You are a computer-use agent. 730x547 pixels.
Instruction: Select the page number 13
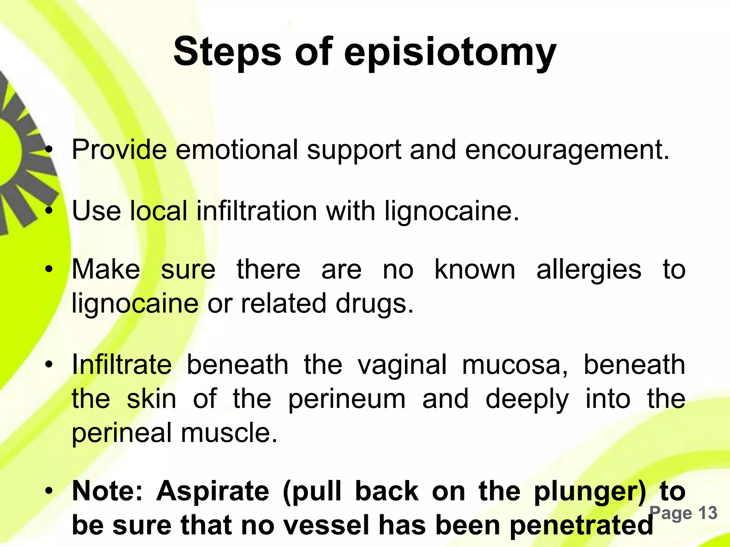(707, 513)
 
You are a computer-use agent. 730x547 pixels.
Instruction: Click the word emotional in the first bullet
(237, 150)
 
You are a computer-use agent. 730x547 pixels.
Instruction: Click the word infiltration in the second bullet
(257, 211)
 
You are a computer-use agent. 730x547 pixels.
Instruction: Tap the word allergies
(589, 270)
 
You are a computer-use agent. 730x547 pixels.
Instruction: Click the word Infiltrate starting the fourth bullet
(122, 365)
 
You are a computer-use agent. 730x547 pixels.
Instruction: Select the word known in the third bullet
(475, 270)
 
